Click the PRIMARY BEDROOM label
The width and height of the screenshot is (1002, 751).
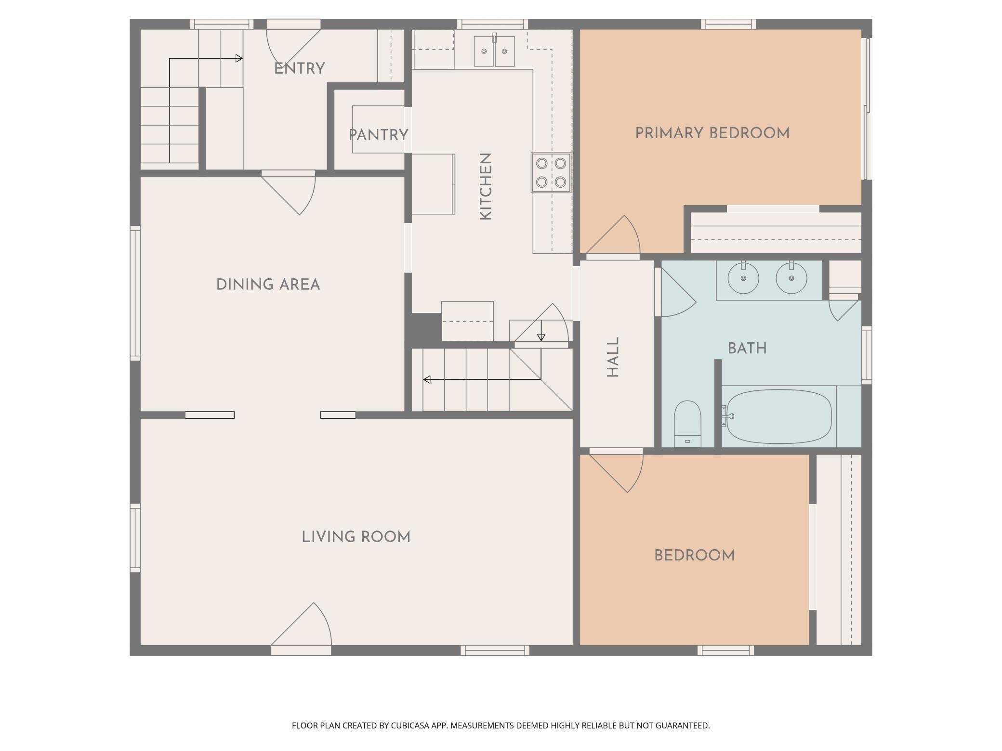712,133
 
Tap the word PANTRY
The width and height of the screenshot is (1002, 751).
379,135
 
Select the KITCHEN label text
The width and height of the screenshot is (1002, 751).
486,187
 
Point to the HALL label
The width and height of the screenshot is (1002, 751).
612,357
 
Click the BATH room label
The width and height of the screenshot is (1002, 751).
747,349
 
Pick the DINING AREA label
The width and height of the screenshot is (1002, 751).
268,285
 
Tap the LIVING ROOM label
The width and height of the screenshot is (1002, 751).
356,537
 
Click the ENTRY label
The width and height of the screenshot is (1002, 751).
300,69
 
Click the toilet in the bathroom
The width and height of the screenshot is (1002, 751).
687,424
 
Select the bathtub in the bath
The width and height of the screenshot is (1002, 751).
779,416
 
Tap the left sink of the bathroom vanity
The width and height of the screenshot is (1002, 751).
743,278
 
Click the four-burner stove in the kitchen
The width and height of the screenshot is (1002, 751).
551,173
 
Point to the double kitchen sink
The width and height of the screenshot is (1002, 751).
494,51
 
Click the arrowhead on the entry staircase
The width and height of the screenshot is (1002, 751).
239,59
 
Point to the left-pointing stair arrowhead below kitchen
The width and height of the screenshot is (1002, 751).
427,380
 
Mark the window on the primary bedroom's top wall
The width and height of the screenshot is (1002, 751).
728,24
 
